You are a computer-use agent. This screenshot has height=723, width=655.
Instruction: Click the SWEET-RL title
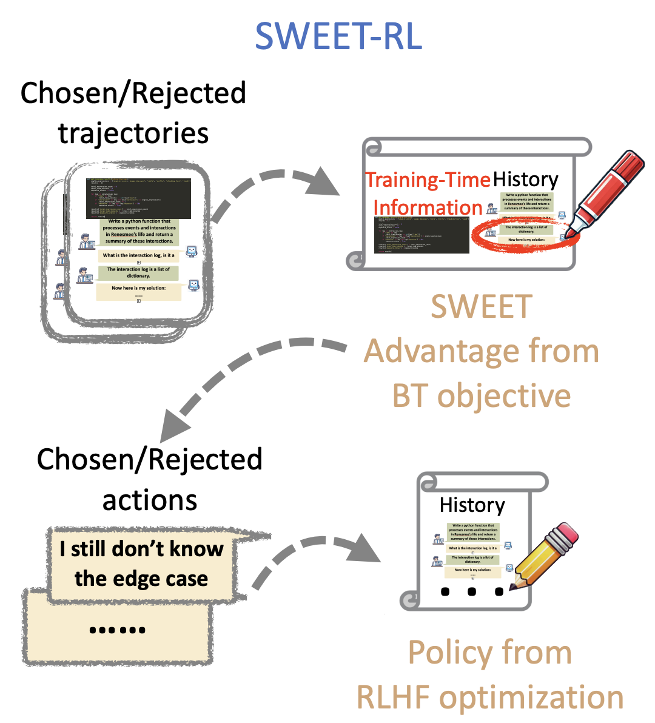point(338,36)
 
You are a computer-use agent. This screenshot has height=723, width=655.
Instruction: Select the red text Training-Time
point(428,180)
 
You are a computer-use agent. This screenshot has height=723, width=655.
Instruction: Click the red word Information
point(428,207)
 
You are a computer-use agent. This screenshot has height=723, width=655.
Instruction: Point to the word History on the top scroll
point(525,180)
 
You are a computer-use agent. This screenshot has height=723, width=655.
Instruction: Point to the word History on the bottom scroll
point(472,505)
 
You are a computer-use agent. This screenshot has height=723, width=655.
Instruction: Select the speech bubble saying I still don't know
point(141,563)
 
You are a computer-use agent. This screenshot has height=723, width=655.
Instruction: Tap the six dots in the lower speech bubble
point(117,630)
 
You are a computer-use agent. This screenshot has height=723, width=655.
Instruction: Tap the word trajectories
point(133,133)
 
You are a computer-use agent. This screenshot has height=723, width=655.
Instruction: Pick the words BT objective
point(482,396)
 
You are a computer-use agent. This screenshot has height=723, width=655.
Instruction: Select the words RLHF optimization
point(490,697)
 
